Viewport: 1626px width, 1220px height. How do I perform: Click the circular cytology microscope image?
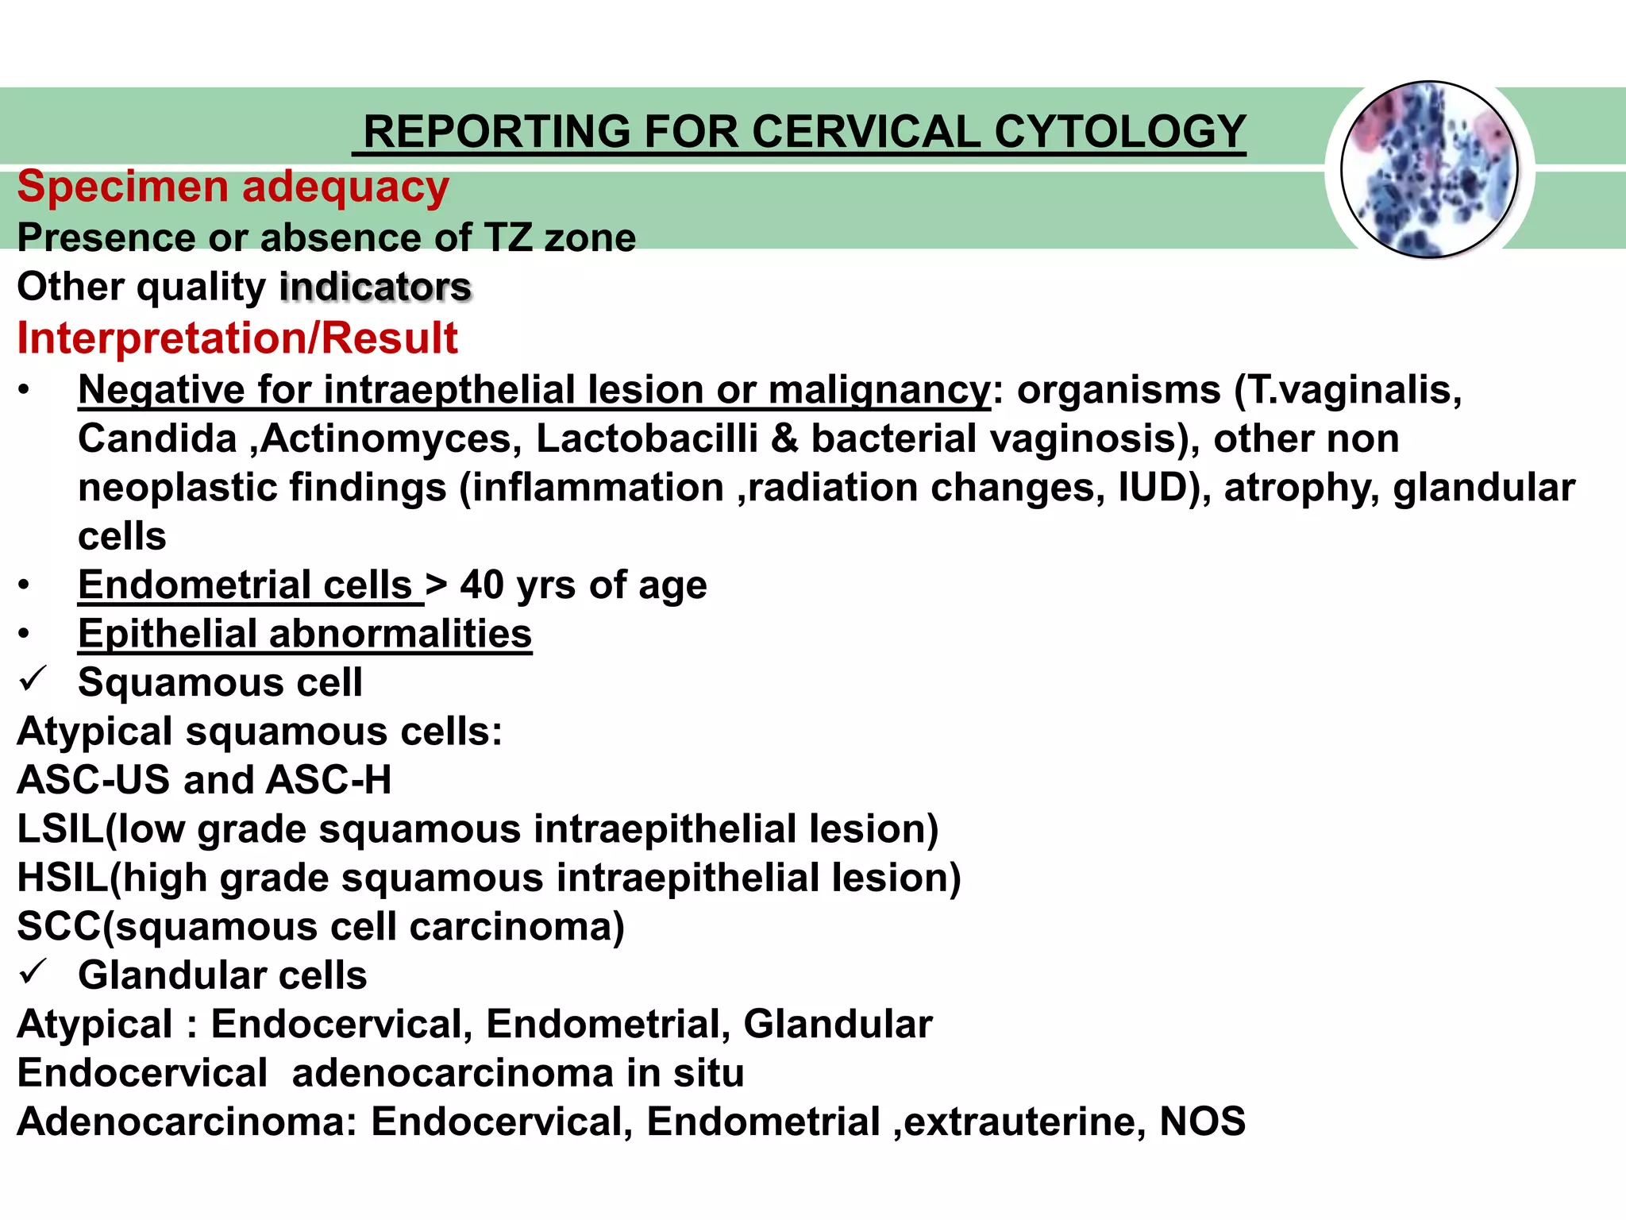pos(1429,170)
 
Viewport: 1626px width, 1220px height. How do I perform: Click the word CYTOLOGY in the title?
pos(1119,132)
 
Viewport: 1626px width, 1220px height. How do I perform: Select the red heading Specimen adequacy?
pos(233,187)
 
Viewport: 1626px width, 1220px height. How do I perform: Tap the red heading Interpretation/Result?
pos(237,338)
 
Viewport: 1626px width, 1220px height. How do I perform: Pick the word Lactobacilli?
pos(647,439)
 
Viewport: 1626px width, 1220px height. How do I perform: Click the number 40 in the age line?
pos(482,585)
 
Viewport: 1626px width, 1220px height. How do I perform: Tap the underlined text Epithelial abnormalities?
pos(305,635)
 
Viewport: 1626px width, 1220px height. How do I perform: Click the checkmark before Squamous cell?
pos(34,680)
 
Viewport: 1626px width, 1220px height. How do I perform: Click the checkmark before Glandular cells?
pos(34,973)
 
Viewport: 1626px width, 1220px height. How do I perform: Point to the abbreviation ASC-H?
pos(329,781)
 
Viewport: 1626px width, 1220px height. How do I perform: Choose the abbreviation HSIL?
pos(63,878)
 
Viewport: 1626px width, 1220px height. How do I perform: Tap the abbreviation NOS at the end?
pos(1202,1122)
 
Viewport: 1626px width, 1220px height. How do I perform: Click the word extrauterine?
pos(1024,1122)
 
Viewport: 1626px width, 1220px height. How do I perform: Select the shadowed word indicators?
pos(376,287)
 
